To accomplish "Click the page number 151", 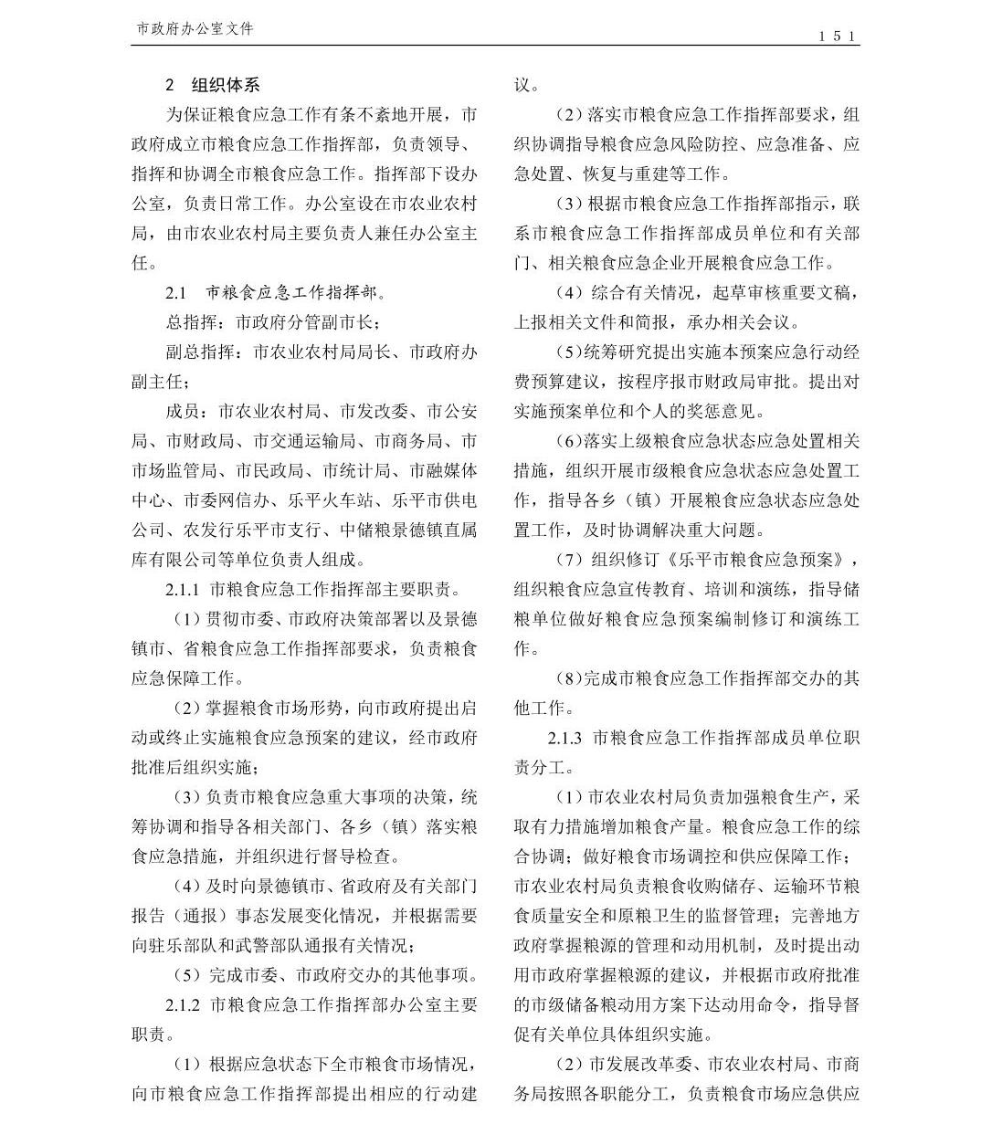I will coord(837,36).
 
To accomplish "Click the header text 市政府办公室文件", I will coord(195,29).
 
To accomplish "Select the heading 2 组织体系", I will coord(213,85).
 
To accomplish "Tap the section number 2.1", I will coord(175,293).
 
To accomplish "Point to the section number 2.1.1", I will coord(183,590).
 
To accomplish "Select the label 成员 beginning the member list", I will coord(183,412).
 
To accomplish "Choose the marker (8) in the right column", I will coord(567,678).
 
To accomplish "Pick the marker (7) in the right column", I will coord(567,560).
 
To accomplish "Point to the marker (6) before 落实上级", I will coord(567,441).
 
